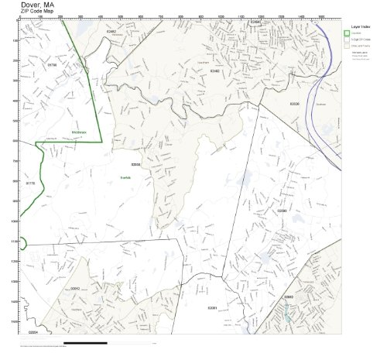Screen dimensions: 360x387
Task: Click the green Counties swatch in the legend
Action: point(347,33)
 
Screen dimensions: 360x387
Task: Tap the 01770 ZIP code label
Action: point(31,183)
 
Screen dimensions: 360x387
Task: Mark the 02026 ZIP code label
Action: point(294,103)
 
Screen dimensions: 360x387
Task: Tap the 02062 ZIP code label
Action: point(288,297)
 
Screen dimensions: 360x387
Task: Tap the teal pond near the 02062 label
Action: point(287,314)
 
